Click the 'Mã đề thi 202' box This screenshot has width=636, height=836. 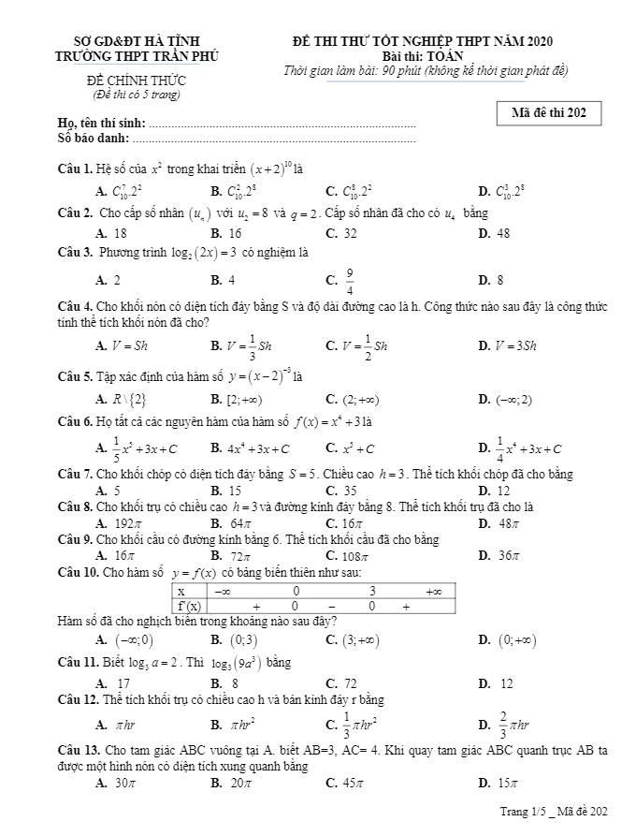click(549, 113)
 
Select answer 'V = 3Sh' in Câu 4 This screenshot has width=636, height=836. click(508, 345)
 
